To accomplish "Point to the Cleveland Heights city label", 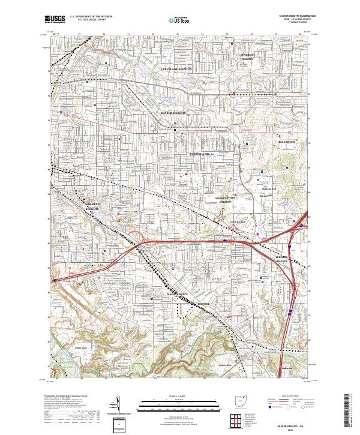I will (177, 69).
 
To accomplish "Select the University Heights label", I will (248, 57).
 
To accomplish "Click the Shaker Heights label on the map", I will (173, 112).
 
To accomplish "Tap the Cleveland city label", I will (200, 154).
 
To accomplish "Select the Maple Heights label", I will (178, 294).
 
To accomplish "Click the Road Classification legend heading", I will (287, 397).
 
